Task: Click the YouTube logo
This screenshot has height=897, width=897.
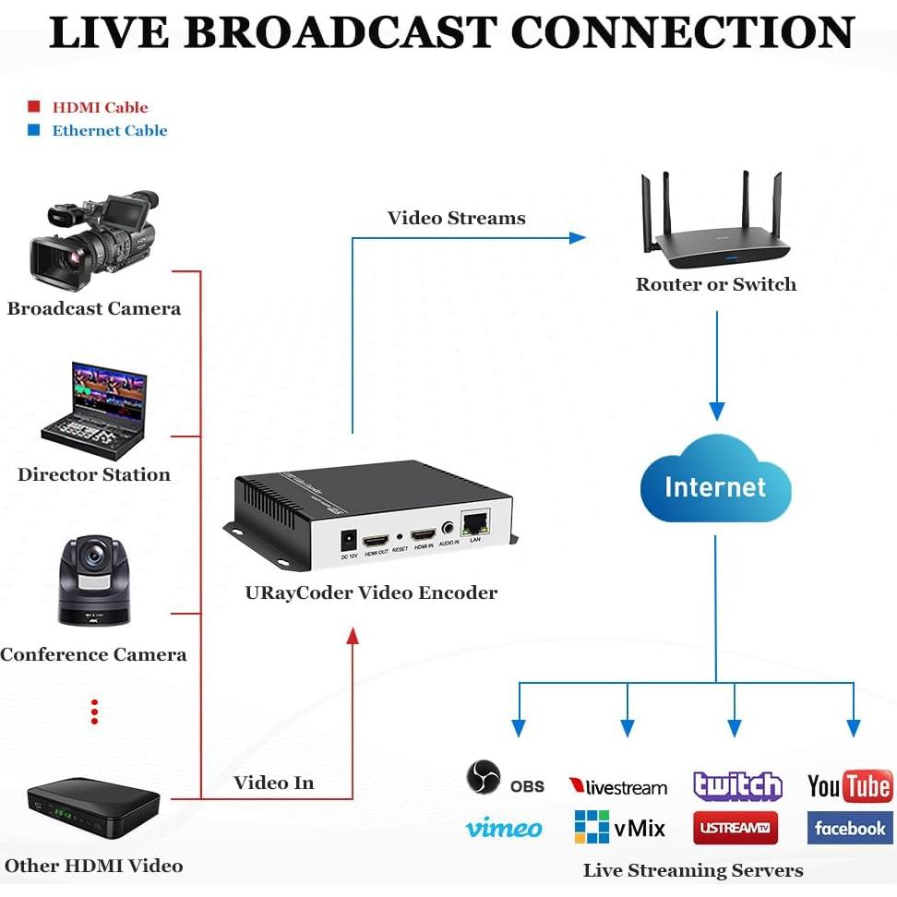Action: pyautogui.click(x=849, y=786)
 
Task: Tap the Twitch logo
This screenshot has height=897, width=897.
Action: pyautogui.click(x=737, y=786)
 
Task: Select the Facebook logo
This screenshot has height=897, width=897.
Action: pyautogui.click(x=849, y=828)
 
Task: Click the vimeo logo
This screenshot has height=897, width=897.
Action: pyautogui.click(x=503, y=828)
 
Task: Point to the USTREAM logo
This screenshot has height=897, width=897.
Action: pyautogui.click(x=736, y=828)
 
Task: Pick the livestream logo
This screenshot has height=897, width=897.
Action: pyautogui.click(x=617, y=787)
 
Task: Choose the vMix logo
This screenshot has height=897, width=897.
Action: pyautogui.click(x=619, y=828)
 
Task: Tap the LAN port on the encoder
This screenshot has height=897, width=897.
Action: pyautogui.click(x=475, y=522)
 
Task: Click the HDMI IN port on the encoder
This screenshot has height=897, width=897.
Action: pyautogui.click(x=423, y=535)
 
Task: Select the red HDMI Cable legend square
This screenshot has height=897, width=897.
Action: pyautogui.click(x=34, y=107)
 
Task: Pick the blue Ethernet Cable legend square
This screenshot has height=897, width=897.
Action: pyautogui.click(x=34, y=130)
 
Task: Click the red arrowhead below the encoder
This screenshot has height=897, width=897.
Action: pyautogui.click(x=352, y=637)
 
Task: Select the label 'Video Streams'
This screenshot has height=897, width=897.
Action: pyautogui.click(x=456, y=219)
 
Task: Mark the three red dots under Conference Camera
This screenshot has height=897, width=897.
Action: pyautogui.click(x=94, y=711)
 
